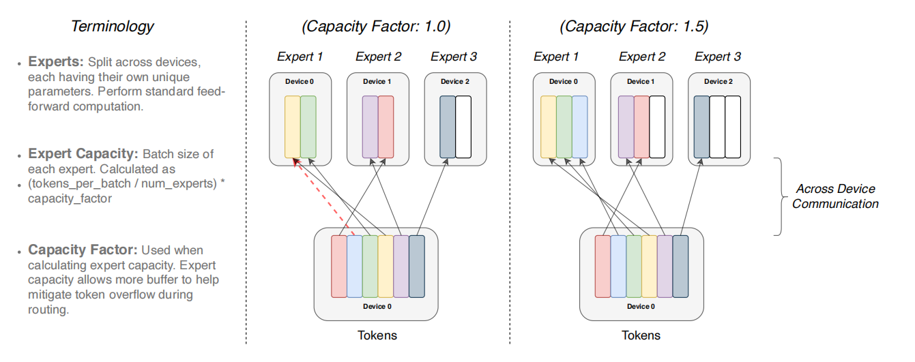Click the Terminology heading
113,27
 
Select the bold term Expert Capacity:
83,153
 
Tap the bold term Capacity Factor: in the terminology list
83,250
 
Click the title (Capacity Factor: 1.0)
376,27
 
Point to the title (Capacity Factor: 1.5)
634,27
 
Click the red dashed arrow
323,197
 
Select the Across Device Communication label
835,196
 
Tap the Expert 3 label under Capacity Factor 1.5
718,57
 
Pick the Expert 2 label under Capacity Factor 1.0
378,57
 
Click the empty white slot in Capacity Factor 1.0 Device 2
463,127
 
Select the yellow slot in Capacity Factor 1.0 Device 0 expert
293,127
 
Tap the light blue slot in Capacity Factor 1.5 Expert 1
580,127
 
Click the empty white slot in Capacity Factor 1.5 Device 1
657,127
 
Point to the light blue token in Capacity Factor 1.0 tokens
355,267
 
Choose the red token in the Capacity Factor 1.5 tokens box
603,267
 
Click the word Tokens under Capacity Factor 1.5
641,335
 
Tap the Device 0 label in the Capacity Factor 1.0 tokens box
377,307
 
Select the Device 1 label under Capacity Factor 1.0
377,82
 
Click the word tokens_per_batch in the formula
79,184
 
